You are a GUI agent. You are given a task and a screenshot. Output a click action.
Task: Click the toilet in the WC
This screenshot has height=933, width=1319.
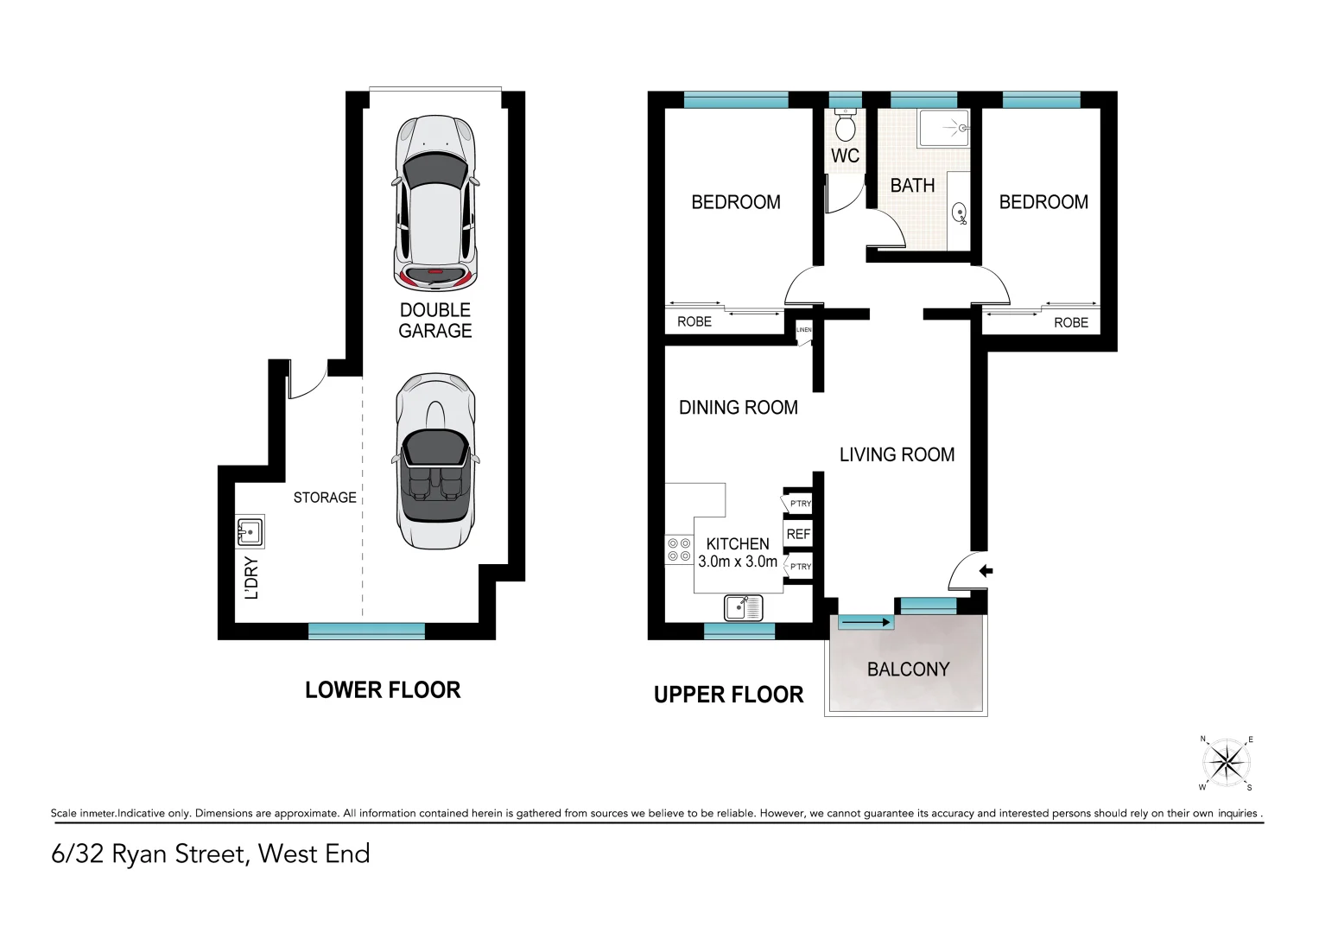pyautogui.click(x=845, y=126)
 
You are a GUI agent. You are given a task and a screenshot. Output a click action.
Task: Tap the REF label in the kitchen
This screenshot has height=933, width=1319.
pyautogui.click(x=798, y=535)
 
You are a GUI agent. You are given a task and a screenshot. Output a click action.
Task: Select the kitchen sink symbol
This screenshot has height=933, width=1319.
pyautogui.click(x=743, y=607)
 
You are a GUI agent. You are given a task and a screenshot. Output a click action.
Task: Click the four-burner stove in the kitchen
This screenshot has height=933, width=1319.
pyautogui.click(x=679, y=550)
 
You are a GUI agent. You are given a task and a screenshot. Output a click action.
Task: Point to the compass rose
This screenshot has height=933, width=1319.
pyautogui.click(x=1226, y=763)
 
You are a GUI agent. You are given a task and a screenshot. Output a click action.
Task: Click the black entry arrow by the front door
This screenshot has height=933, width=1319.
pyautogui.click(x=986, y=571)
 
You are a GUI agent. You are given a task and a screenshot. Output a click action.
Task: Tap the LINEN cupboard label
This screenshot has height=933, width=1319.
pyautogui.click(x=803, y=330)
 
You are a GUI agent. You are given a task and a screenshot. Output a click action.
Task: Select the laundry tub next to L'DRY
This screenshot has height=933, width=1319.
pyautogui.click(x=250, y=531)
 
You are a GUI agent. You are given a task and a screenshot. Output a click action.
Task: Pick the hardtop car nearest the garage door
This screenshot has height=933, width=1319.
pyautogui.click(x=435, y=203)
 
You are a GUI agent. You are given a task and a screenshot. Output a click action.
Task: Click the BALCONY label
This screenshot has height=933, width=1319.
pyautogui.click(x=908, y=670)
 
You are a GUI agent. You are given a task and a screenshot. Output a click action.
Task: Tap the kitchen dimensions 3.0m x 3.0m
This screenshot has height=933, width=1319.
pyautogui.click(x=738, y=562)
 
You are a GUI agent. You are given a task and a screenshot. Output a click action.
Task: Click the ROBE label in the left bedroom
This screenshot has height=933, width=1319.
pyautogui.click(x=694, y=322)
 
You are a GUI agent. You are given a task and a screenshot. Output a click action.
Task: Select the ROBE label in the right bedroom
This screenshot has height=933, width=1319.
pyautogui.click(x=1070, y=323)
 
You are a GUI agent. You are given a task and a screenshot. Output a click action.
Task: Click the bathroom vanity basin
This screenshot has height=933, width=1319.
pyautogui.click(x=959, y=213)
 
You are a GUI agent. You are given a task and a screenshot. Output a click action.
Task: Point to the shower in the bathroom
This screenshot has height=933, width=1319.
pyautogui.click(x=943, y=128)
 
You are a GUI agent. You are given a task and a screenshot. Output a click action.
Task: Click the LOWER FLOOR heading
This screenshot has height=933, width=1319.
pyautogui.click(x=383, y=690)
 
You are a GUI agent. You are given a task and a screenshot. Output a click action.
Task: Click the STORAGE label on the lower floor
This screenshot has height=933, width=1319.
pyautogui.click(x=325, y=498)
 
